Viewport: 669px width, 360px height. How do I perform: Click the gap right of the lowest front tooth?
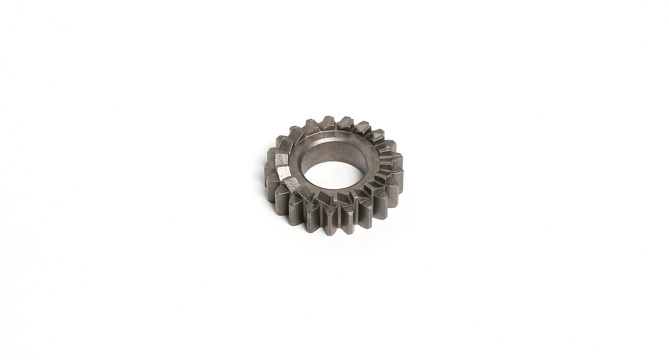point(340,220)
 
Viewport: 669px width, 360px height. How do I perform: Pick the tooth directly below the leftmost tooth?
point(273,189)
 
